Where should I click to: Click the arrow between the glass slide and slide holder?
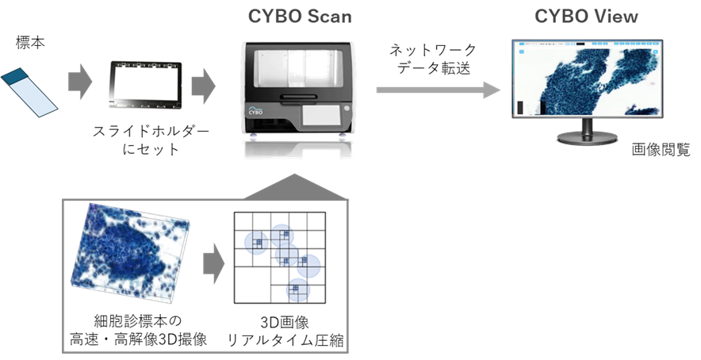(x=79, y=82)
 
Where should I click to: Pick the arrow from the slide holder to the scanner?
(x=203, y=86)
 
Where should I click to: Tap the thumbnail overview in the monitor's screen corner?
(x=521, y=106)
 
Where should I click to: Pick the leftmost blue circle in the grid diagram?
(x=255, y=243)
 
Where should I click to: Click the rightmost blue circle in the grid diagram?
(x=308, y=266)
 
